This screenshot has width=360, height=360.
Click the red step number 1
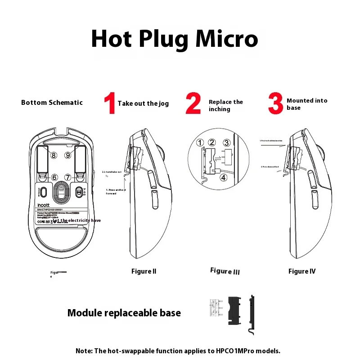110,103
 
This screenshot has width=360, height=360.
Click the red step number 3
275,103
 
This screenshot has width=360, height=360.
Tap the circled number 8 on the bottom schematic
54,155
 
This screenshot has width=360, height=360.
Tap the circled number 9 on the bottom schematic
68,155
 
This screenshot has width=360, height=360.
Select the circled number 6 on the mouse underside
54,178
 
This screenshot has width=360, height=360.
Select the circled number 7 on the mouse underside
68,178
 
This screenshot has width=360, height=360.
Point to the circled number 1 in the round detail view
200,143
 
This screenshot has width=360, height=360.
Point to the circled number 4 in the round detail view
224,177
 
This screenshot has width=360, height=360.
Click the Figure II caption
144,271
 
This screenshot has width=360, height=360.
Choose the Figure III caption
225,271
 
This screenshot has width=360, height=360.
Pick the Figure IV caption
302,271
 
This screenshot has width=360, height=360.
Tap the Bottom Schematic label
52,103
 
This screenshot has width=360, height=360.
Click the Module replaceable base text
124,313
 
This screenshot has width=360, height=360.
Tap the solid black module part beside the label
234,310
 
